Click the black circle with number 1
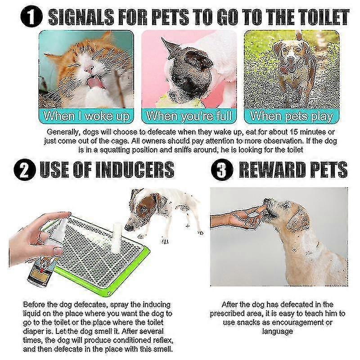(31, 17)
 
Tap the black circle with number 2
(25, 170)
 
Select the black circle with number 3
(222, 170)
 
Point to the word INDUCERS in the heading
(134, 170)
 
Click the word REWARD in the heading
(273, 170)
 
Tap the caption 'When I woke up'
(86, 116)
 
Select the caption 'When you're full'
(189, 116)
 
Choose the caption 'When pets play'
(292, 116)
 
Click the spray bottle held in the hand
(46, 255)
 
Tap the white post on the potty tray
(117, 237)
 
